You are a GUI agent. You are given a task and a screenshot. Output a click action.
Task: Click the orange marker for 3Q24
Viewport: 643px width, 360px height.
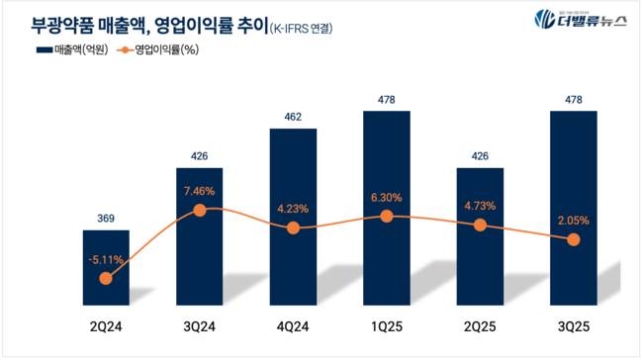200,210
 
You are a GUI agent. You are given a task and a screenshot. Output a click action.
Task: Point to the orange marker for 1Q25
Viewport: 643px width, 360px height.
386,217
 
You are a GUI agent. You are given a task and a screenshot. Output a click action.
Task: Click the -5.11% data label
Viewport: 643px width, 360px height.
106,258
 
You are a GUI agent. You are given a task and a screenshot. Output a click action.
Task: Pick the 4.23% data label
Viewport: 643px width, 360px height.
293,208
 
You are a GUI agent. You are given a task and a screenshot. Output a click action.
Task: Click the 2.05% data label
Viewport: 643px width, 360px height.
573,219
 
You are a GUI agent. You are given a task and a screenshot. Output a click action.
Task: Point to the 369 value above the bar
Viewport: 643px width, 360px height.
106,219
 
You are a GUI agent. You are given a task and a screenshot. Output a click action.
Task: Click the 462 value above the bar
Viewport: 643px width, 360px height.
293,118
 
